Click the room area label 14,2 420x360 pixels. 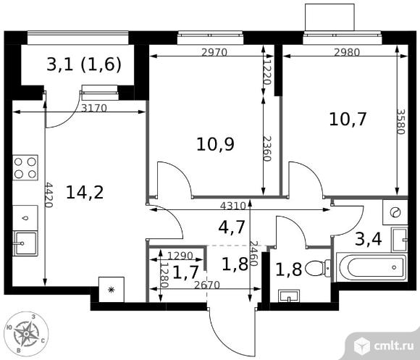[85, 193]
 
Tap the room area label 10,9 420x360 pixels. [215, 144]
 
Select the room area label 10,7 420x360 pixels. [348, 120]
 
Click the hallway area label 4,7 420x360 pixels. [232, 227]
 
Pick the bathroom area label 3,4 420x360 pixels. [369, 239]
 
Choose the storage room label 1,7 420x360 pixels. [185, 272]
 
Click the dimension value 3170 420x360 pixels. [94, 108]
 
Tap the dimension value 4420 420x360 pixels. [49, 195]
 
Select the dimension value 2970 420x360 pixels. [214, 52]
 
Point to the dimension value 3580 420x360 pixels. [401, 122]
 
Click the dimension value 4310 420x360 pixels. [232, 206]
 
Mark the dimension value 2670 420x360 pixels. [207, 285]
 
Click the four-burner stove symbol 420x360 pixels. [25, 167]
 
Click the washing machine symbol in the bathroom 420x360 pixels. [395, 212]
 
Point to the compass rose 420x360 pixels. [26, 333]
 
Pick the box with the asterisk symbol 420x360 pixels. [112, 290]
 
